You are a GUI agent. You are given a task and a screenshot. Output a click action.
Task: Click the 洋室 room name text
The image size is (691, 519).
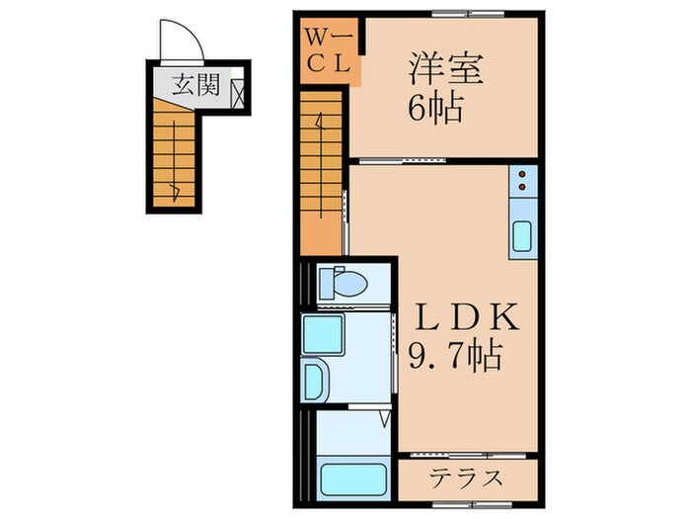point(441,71)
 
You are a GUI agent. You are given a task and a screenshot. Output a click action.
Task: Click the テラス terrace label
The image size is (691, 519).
point(468,478)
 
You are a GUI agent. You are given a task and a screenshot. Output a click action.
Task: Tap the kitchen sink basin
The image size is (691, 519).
point(521,238)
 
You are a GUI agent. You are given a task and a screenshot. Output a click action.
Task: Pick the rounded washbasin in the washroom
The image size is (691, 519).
point(316,378)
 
